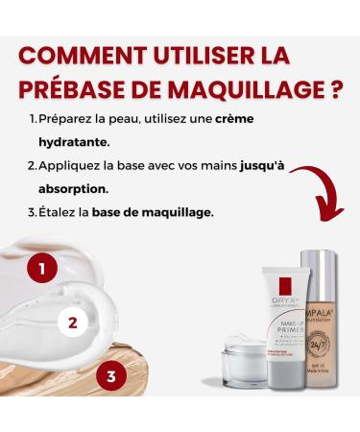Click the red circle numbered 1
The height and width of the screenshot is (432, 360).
(x=41, y=266)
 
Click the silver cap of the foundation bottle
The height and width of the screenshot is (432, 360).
(x=322, y=272)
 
